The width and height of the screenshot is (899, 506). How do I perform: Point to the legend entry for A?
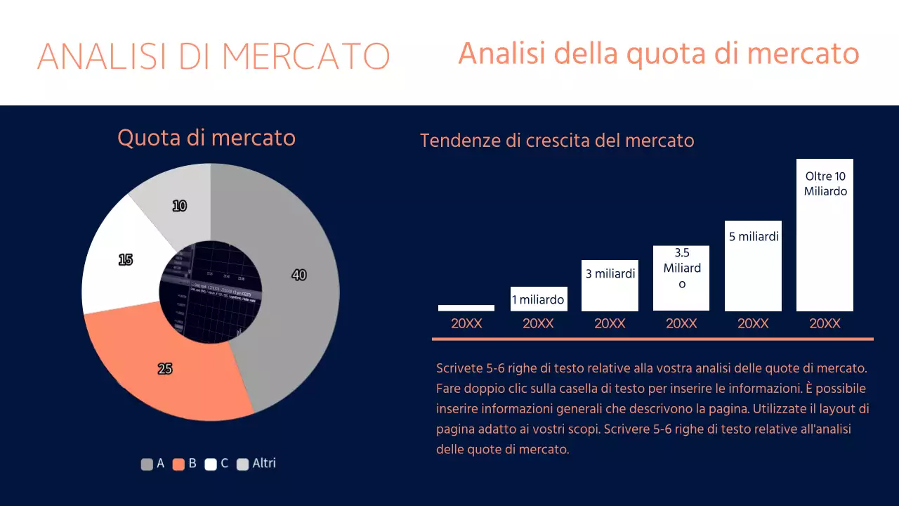pos(153,464)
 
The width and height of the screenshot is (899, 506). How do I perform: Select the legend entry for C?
pos(217,464)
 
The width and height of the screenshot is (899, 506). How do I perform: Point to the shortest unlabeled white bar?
pos(466,308)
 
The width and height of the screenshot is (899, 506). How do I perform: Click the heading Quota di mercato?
pos(206,138)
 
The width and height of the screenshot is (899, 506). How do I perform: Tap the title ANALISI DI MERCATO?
pos(214,56)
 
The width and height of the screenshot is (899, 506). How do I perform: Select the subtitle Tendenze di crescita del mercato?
pos(557,141)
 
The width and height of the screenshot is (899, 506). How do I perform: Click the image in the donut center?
pos(211,292)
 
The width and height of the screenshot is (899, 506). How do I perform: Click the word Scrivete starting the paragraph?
pos(459,368)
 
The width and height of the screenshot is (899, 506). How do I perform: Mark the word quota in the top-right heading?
pos(658,53)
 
